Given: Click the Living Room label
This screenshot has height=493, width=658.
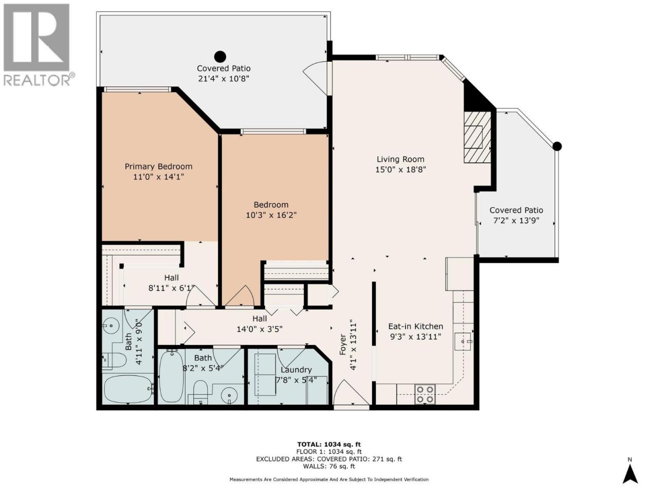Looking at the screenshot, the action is point(400,159).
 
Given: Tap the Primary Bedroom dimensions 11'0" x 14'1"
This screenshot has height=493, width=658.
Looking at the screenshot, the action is point(158,177).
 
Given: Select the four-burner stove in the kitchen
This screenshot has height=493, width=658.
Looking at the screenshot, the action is point(425,394).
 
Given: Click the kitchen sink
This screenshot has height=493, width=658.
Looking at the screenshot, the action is point(464,342).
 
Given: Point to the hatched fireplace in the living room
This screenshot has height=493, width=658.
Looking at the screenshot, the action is point(477,137).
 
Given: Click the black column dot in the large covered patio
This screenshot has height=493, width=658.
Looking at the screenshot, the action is point(220,56).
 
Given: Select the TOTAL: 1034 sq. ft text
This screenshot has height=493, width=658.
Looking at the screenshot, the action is point(329,445).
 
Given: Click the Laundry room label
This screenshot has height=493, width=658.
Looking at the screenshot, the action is point(296,370).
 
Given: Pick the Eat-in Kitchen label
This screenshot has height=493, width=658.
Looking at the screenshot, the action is point(415,326).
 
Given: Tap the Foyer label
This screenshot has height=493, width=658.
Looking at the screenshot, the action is point(343,344).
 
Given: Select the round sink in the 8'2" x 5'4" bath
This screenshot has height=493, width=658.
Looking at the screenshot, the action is point(229,395).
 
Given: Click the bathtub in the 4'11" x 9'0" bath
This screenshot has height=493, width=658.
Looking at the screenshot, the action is point(129,389).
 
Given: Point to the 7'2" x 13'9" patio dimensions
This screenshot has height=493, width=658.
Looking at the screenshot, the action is point(516,221).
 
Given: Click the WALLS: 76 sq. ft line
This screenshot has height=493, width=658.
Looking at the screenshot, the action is point(329,466).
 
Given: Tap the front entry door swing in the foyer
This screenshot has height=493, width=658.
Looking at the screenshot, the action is point(351,392).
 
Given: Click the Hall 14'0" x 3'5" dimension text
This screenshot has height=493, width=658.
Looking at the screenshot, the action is point(260,329).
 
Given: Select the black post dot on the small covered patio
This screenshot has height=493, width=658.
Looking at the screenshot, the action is point(557,146).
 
